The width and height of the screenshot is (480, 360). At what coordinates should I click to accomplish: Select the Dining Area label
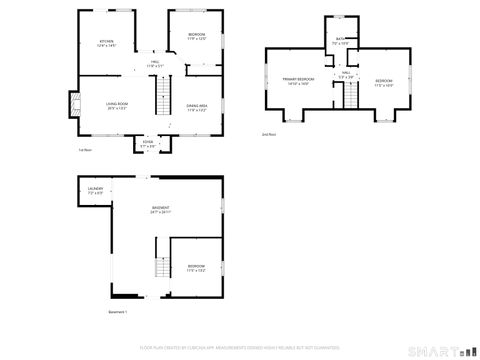coord(197,108)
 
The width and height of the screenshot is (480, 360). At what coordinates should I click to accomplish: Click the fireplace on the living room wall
coord(71,105)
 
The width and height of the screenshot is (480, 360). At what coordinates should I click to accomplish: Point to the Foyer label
coord(148,145)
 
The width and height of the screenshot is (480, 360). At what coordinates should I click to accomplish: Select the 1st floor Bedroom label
coord(197,36)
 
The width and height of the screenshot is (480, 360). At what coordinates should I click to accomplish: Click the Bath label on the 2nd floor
coord(340,41)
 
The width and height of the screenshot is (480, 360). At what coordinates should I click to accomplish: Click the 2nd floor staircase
coord(351,96)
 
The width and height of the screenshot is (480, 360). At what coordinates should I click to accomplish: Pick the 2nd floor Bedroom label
coord(385,82)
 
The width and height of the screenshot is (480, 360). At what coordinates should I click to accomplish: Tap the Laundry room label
coord(96,191)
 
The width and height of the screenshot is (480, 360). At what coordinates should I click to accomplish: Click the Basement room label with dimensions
coord(161,210)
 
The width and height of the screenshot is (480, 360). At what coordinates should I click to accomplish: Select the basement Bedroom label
coord(196,268)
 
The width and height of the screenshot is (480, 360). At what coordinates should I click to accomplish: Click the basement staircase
coord(161,267)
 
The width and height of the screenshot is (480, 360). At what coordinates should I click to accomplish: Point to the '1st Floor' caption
coord(86,150)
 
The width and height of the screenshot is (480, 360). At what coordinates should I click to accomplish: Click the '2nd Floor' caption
coord(268,134)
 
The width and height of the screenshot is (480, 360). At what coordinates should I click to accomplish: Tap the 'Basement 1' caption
coord(118,313)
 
